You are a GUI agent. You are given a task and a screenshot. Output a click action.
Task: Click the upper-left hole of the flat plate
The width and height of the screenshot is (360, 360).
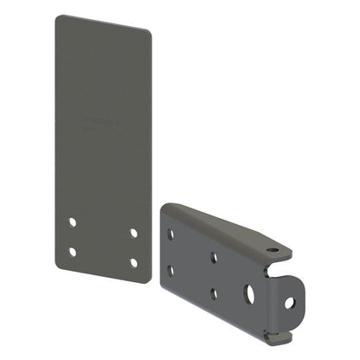[73, 222]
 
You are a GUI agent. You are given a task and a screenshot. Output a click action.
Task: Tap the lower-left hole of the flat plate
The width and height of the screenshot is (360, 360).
[73, 252]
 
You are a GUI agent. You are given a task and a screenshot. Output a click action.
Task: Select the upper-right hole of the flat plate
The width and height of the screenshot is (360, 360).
[133, 232]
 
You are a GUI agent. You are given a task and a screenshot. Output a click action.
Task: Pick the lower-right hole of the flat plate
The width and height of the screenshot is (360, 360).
[133, 261]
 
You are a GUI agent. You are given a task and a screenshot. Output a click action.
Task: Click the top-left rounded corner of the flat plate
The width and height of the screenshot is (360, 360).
[59, 18]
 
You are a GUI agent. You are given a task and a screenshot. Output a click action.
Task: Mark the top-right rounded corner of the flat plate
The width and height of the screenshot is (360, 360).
[146, 33]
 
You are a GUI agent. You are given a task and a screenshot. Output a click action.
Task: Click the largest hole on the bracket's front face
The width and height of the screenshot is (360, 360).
[249, 290]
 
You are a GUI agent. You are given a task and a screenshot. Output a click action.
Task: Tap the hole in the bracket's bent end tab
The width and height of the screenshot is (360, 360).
[289, 303]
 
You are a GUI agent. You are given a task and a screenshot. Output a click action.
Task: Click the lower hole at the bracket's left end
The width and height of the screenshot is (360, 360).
[170, 270]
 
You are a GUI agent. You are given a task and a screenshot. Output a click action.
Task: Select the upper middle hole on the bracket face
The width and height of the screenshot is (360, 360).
[213, 256]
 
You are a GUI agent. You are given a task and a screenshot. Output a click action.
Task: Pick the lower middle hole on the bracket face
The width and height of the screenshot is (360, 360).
[213, 292]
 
